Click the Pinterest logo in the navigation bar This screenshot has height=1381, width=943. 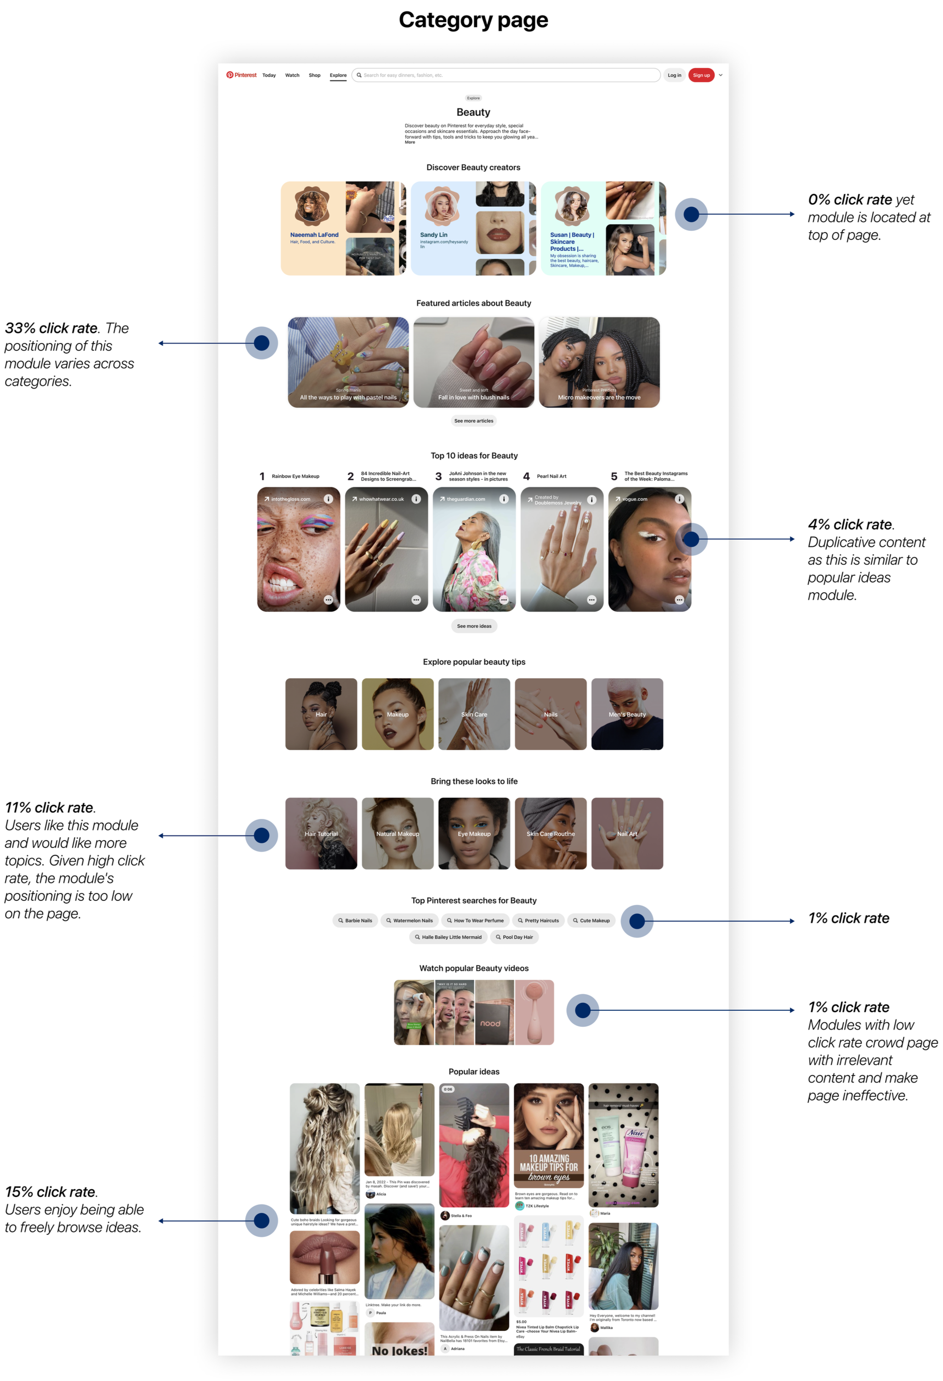pyautogui.click(x=241, y=75)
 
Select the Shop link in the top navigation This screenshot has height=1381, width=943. pyautogui.click(x=314, y=75)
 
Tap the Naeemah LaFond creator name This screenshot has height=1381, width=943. pyautogui.click(x=314, y=235)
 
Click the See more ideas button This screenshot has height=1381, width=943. pyautogui.click(x=474, y=626)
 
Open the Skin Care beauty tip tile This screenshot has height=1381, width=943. pyautogui.click(x=474, y=714)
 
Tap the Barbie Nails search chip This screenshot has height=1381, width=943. pyautogui.click(x=355, y=921)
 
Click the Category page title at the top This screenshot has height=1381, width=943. pyautogui.click(x=473, y=20)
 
